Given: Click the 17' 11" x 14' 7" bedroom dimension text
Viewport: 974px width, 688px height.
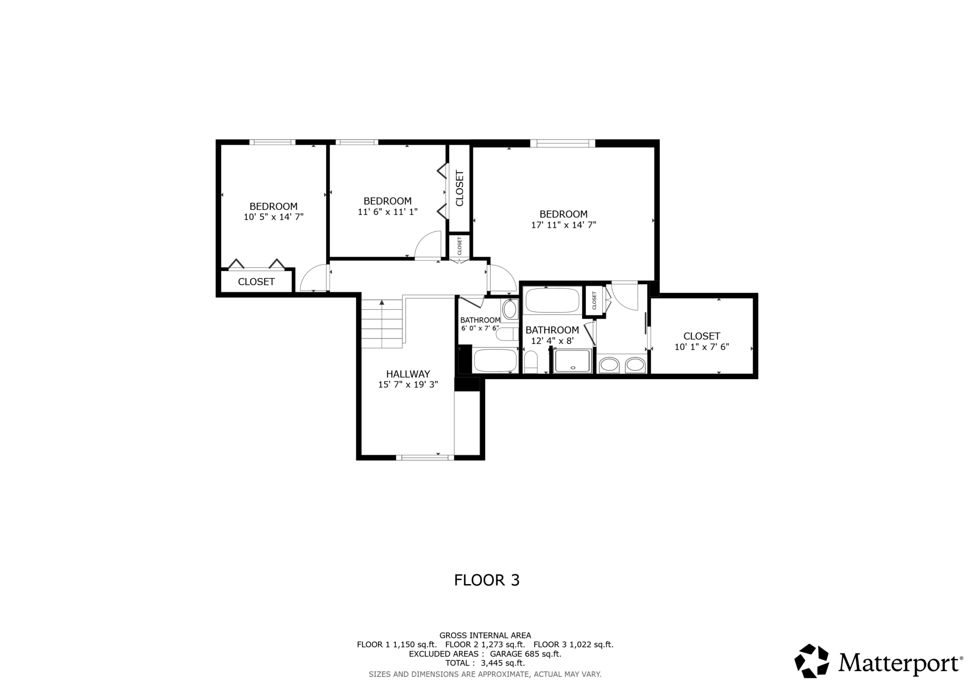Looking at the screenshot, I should [x=563, y=225].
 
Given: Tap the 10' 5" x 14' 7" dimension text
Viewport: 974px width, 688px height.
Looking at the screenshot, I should [x=273, y=217].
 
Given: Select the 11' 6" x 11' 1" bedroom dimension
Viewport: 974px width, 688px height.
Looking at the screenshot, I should [x=387, y=212].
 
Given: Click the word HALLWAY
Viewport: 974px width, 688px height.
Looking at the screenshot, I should [x=408, y=374].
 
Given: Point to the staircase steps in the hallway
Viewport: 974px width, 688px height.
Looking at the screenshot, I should [x=382, y=325].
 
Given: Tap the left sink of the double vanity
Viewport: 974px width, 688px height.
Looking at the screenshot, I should [x=609, y=365].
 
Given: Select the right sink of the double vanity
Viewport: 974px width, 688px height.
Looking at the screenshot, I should [x=635, y=365].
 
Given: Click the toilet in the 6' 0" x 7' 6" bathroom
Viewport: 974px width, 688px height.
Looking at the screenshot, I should [x=506, y=334].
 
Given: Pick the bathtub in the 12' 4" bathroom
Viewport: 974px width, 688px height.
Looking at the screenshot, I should [x=553, y=300].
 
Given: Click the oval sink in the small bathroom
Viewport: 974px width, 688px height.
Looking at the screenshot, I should [x=509, y=309].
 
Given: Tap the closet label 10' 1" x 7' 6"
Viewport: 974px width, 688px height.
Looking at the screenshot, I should [x=701, y=347].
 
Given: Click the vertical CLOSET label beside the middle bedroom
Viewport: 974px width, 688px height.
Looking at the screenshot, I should [x=459, y=188].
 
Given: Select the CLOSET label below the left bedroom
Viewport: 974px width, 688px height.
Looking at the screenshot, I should [x=256, y=282].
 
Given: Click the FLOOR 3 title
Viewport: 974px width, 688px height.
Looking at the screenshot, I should [x=487, y=580].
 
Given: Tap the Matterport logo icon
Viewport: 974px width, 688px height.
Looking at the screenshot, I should [x=812, y=660].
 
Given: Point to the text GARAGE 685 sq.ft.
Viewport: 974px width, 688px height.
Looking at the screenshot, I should [x=525, y=654].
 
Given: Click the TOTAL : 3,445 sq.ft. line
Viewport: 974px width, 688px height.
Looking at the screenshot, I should [x=485, y=663].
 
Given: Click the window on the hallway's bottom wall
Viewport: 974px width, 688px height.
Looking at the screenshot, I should [x=425, y=457].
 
